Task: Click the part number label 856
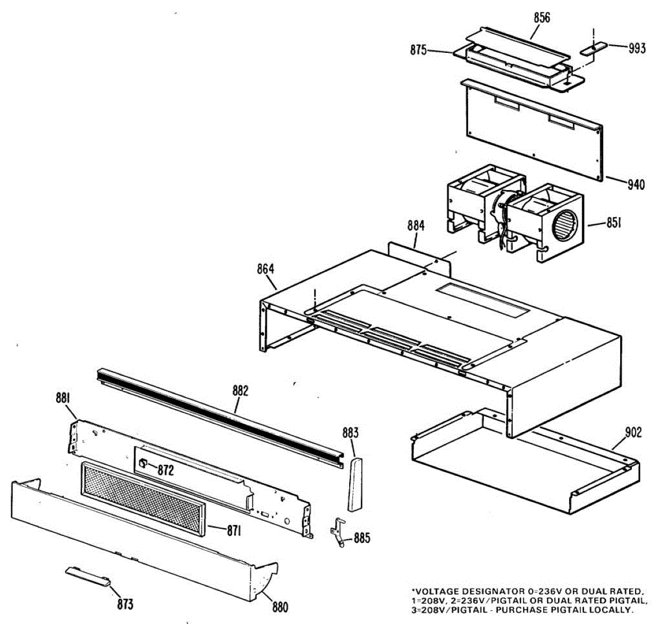541,18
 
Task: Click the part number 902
633,433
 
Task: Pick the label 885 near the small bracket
362,538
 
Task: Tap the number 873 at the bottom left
125,605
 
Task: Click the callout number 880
280,607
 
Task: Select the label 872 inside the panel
165,470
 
